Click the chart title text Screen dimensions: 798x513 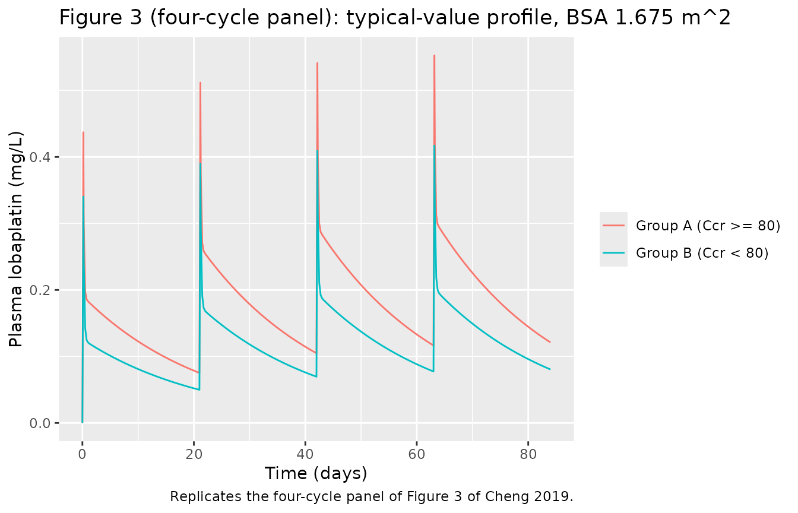(x=395, y=18)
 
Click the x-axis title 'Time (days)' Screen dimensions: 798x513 (x=316, y=474)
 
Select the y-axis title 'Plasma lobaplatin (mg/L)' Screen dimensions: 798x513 (x=16, y=239)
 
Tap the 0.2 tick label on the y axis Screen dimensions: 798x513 (x=39, y=290)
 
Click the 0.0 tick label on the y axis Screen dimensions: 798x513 (x=39, y=423)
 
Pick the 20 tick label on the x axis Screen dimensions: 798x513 (x=194, y=455)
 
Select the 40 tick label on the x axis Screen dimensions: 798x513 (x=305, y=455)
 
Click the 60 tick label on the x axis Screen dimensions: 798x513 (x=417, y=455)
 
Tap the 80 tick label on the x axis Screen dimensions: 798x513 (x=528, y=455)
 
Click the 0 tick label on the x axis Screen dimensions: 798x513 (x=83, y=455)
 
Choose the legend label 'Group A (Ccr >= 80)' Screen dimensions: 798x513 (x=708, y=226)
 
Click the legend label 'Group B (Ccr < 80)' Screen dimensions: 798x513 (x=702, y=254)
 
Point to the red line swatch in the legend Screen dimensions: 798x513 (x=613, y=226)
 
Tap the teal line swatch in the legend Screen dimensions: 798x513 (x=613, y=253)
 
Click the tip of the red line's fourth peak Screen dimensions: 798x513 (x=434, y=56)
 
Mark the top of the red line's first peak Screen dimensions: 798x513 (x=83, y=132)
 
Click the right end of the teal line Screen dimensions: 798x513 (x=550, y=369)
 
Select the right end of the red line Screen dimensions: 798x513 (x=550, y=342)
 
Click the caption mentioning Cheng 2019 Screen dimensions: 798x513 (x=372, y=496)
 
